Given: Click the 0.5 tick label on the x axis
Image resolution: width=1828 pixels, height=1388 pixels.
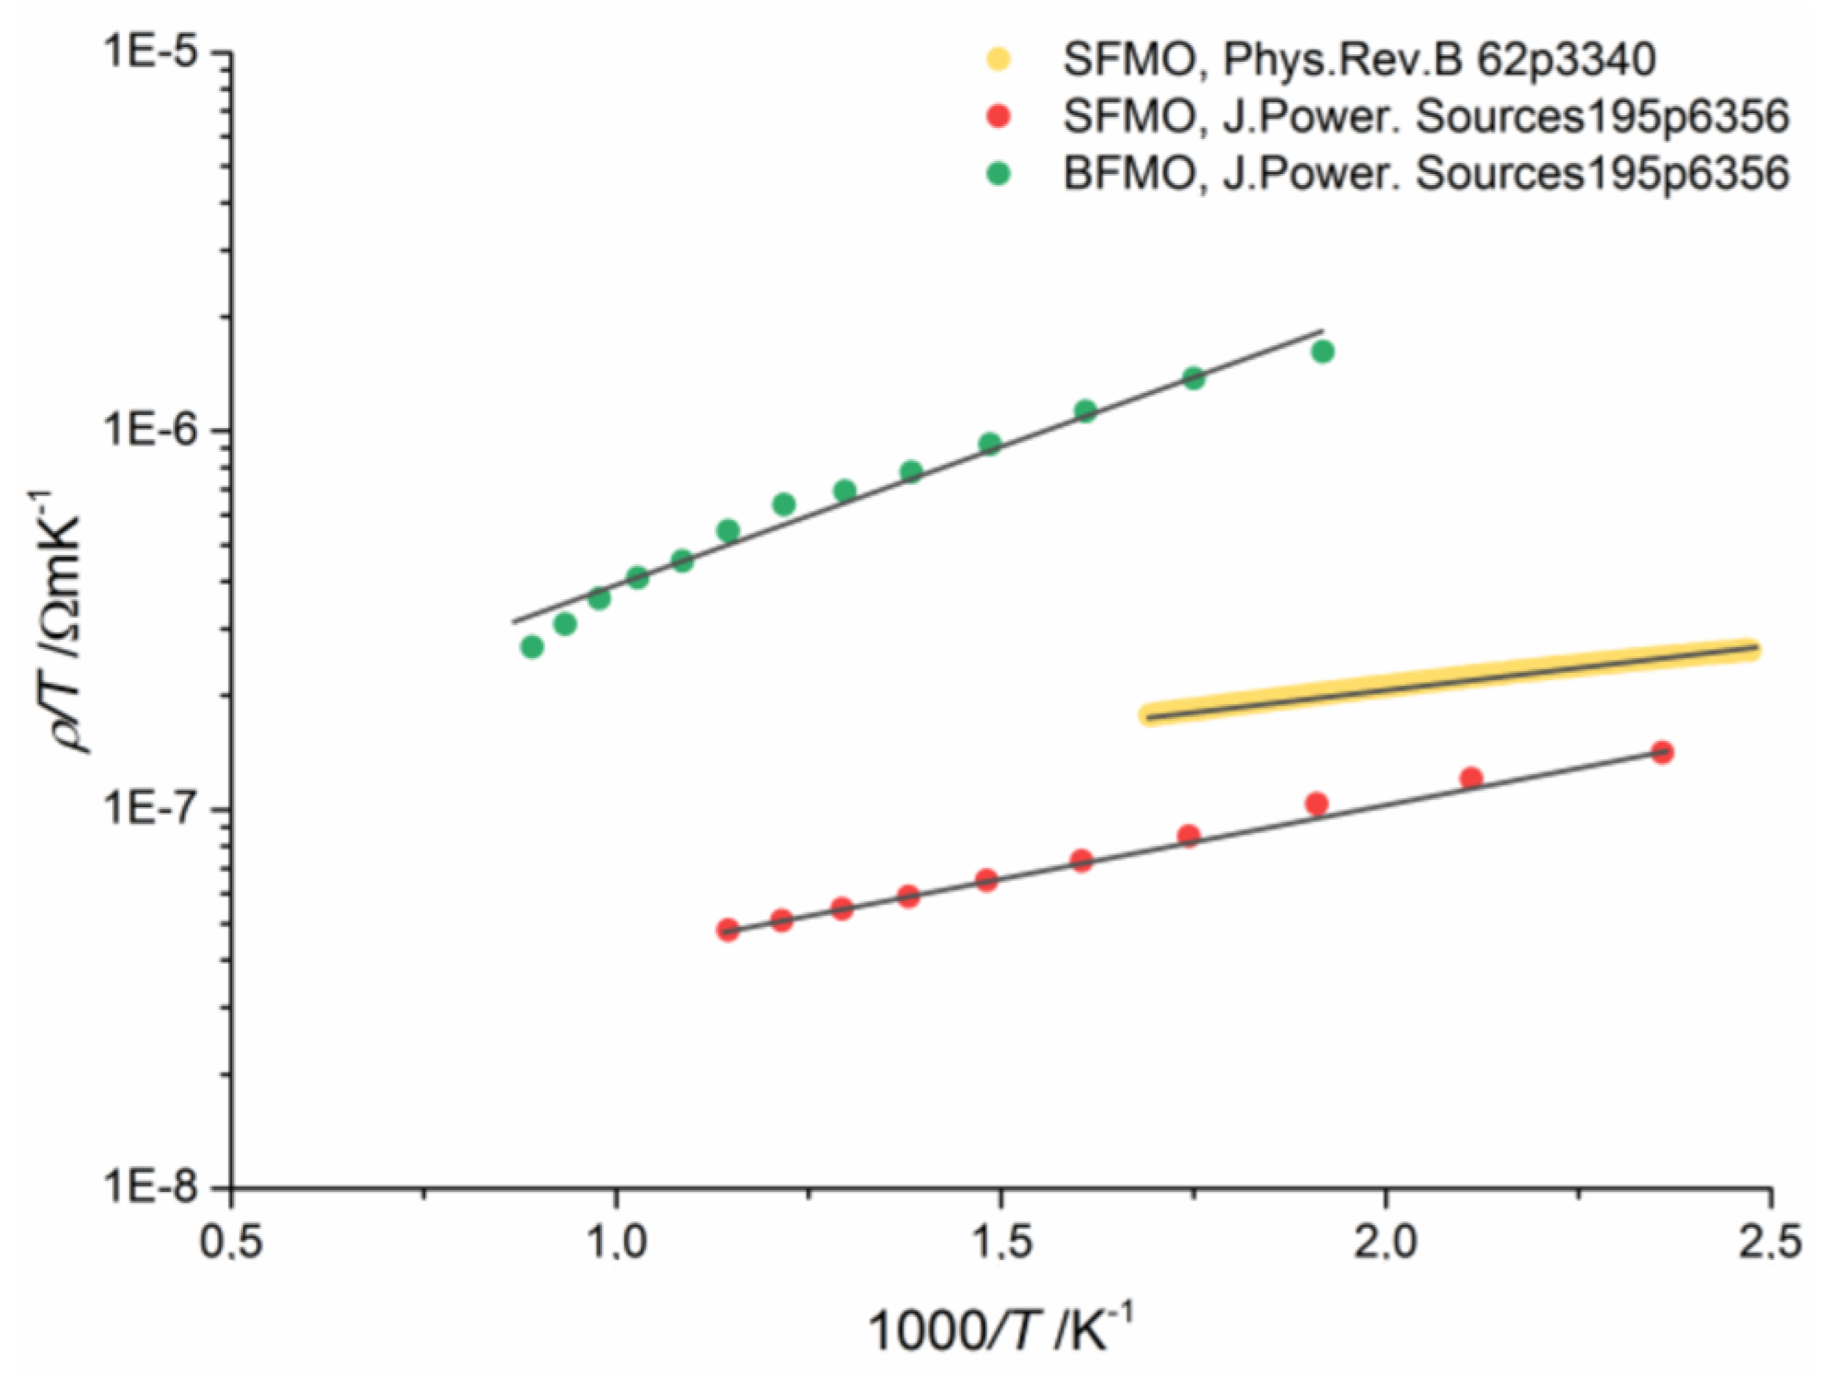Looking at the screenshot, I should pos(231,1243).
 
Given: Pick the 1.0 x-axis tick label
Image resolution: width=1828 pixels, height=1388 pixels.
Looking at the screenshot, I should pos(616,1243).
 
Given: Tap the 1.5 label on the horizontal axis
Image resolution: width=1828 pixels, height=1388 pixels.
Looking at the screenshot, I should pos(1001,1243).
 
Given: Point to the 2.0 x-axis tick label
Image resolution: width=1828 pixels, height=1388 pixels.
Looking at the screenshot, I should pos(1386,1243).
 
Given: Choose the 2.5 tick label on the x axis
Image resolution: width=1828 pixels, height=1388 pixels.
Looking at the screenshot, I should pos(1769,1243).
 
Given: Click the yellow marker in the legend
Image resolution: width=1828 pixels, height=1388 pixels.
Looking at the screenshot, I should pos(998,60).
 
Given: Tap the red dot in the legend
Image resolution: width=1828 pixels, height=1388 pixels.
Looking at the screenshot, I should pos(998,117).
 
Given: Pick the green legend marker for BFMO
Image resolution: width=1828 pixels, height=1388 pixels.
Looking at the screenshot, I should pos(998,174).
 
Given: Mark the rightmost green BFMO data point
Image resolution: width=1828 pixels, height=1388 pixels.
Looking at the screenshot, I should pos(1323,352).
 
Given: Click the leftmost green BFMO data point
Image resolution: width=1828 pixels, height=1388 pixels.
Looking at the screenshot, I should pos(531,647).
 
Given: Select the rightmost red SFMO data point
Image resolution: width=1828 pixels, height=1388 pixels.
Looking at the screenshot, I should pos(1661,753).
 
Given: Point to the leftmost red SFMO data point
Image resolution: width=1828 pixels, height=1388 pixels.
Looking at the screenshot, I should pos(728,930).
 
